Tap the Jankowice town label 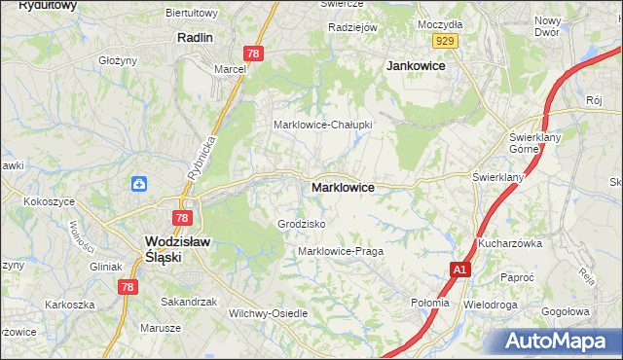[416, 65]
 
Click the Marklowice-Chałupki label [322, 125]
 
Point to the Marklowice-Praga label [341, 251]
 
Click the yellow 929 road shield [447, 40]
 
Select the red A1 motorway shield [460, 270]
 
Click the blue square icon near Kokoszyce [139, 183]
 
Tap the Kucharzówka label [509, 243]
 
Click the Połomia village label [430, 303]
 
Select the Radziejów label [352, 27]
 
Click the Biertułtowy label [219, 13]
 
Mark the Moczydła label [438, 22]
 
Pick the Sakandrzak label [189, 302]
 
